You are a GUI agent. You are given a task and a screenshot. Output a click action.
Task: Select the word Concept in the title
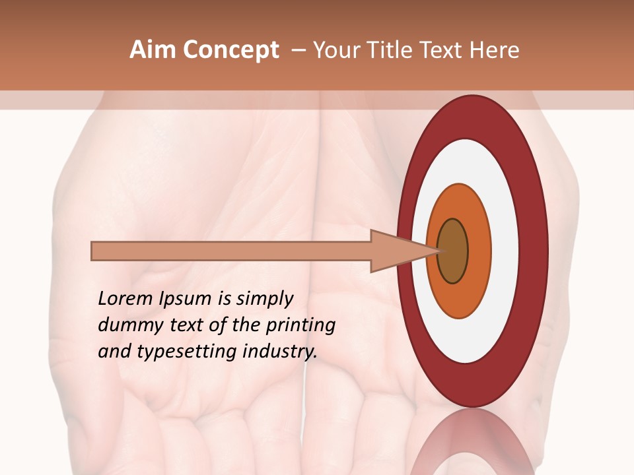[x=231, y=50]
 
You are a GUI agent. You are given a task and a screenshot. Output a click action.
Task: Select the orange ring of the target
[x=480, y=251]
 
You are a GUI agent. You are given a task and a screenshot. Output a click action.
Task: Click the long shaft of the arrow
[x=231, y=251]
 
